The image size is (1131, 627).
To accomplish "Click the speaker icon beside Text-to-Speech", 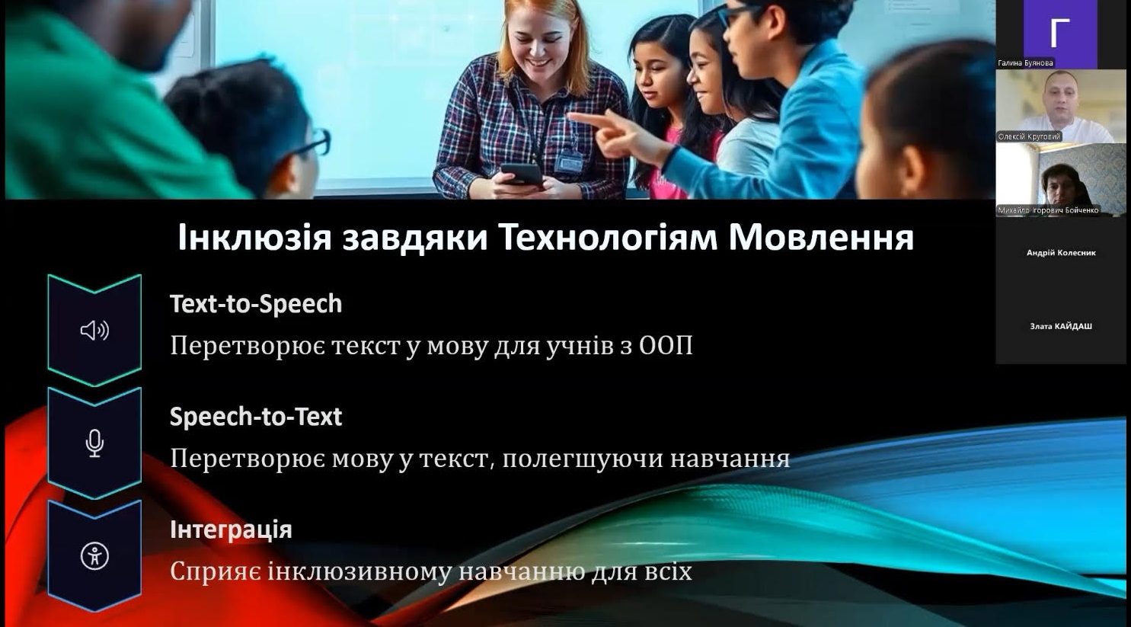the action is pyautogui.click(x=94, y=331).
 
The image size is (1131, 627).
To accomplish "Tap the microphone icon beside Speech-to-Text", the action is pyautogui.click(x=94, y=443).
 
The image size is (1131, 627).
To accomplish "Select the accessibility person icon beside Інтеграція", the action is pyautogui.click(x=94, y=556).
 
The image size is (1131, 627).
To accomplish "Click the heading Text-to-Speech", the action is pyautogui.click(x=256, y=304).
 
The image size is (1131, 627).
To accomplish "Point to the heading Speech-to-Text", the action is pyautogui.click(x=256, y=417).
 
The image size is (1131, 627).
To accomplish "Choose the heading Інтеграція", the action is pyautogui.click(x=231, y=530).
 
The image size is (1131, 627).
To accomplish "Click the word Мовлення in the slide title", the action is pyautogui.click(x=821, y=237).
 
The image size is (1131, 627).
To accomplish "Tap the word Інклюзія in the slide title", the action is pyautogui.click(x=254, y=237).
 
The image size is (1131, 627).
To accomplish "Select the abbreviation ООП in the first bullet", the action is pyautogui.click(x=666, y=346).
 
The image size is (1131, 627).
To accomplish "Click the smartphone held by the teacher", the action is pyautogui.click(x=522, y=174).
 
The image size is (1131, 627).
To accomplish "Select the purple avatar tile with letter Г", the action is pyautogui.click(x=1060, y=34).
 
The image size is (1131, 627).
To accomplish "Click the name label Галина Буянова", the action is pyautogui.click(x=1025, y=63).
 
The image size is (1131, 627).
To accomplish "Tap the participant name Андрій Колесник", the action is pyautogui.click(x=1061, y=253).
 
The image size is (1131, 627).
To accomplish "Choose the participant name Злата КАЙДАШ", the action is pyautogui.click(x=1061, y=326).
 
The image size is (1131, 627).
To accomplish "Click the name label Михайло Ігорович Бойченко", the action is pyautogui.click(x=1048, y=210).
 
